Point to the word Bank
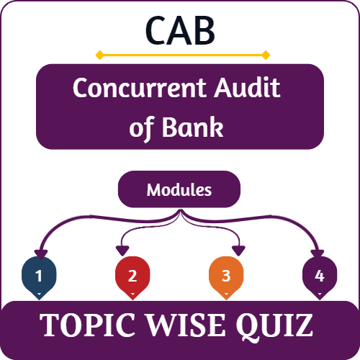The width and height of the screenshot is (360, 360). [x=199, y=127]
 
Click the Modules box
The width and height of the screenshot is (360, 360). [x=179, y=190]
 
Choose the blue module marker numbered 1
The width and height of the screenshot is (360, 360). [x=38, y=276]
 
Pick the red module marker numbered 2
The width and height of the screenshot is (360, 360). [x=132, y=276]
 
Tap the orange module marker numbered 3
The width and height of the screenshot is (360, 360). [x=225, y=276]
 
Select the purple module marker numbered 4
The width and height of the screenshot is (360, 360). [x=319, y=276]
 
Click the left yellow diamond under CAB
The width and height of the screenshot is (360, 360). [x=99, y=55]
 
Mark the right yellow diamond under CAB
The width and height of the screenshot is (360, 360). [x=265, y=55]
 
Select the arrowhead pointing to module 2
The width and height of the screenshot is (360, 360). [x=122, y=251]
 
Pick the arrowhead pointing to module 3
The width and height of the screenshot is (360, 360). [x=238, y=251]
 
